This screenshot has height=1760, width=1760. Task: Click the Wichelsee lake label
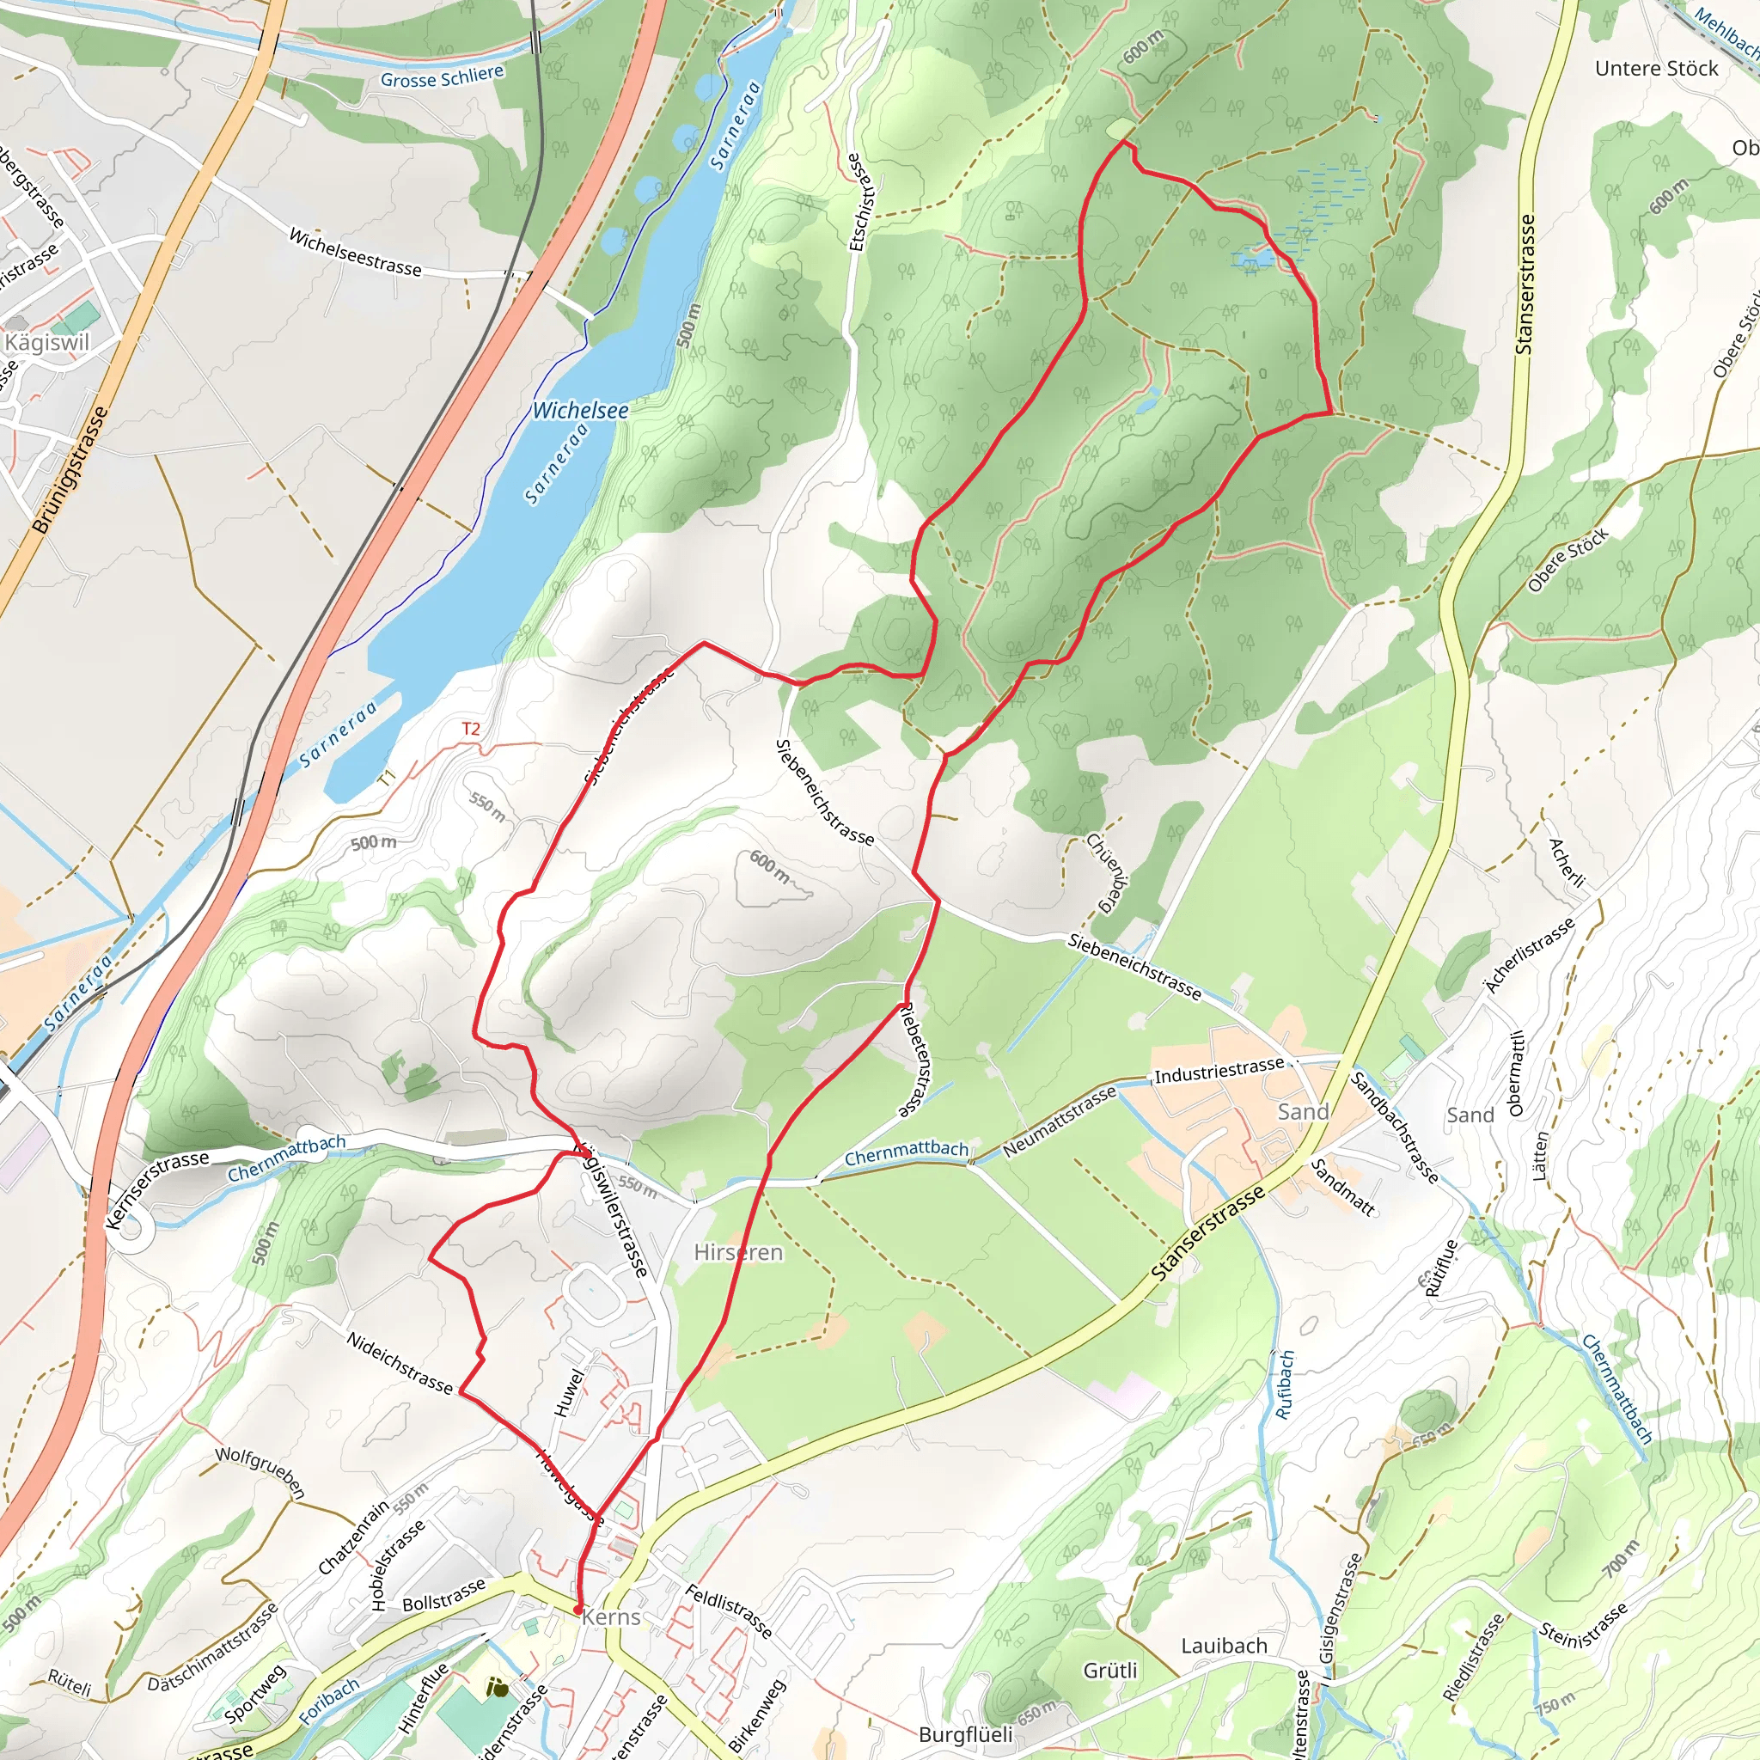[x=580, y=411]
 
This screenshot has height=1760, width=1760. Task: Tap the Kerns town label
[x=611, y=1617]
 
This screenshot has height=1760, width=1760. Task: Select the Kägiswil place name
[x=47, y=343]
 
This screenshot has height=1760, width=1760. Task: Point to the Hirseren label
[x=738, y=1253]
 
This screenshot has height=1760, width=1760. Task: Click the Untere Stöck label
[x=1655, y=69]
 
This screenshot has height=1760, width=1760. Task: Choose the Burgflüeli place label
[x=965, y=1734]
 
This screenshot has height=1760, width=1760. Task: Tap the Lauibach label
[x=1224, y=1646]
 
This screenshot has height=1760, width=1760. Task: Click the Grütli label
[x=1109, y=1671]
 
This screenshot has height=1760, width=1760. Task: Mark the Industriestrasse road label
[x=1219, y=1072]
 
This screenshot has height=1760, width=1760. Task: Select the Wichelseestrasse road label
[x=355, y=253]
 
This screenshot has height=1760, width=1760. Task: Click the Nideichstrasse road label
[x=399, y=1363]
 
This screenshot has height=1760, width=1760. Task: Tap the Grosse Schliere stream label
[x=442, y=77]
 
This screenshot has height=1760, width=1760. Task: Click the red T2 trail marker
[x=470, y=729]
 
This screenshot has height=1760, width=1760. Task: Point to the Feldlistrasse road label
[x=728, y=1610]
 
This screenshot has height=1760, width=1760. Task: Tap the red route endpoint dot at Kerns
[x=577, y=1610]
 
